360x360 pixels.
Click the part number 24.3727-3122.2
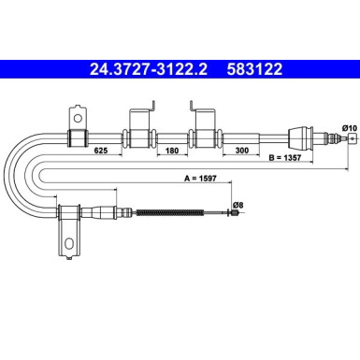click(x=149, y=69)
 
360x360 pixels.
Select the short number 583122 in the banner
click(x=254, y=69)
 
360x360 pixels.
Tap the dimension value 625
click(x=101, y=151)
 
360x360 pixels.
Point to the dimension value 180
click(x=172, y=151)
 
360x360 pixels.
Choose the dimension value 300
click(x=242, y=151)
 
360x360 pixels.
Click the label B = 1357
click(x=285, y=158)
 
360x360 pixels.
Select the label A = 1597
click(x=200, y=179)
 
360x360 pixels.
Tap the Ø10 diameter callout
click(x=349, y=128)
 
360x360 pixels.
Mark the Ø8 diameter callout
click(x=238, y=205)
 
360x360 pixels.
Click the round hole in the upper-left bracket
click(x=78, y=118)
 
